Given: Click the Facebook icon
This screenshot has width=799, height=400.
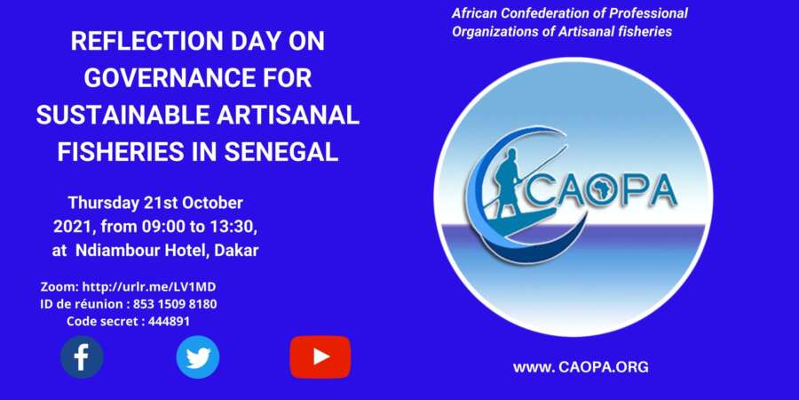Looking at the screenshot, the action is click(82, 357).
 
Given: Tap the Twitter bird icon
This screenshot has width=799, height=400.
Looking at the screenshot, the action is click(198, 357).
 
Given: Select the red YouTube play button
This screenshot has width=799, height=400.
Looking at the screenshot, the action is click(320, 357).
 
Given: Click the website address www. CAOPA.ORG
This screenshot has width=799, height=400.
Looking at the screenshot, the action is click(581, 367).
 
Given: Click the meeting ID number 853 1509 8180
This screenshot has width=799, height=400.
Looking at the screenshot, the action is click(175, 304).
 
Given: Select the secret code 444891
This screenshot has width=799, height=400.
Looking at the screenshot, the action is click(170, 322).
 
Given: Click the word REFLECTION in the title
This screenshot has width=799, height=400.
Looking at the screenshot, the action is click(146, 42).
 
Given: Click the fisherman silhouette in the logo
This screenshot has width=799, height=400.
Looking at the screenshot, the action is click(508, 181).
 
